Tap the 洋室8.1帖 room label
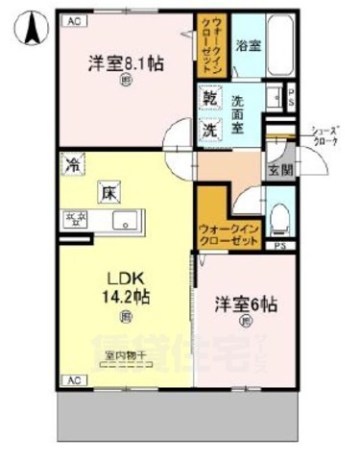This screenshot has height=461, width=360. pos(125,63)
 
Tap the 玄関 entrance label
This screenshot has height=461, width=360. pos(277,170)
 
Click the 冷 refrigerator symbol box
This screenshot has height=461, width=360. pos(71,164)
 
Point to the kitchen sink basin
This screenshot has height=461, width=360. pos(126,224)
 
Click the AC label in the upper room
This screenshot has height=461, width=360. pos(73,19)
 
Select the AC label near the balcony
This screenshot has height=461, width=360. pos(73,381)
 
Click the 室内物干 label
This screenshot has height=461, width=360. pos(125,355)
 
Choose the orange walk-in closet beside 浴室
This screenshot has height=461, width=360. pos(210,45)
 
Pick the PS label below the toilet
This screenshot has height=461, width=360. pos(279,248)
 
